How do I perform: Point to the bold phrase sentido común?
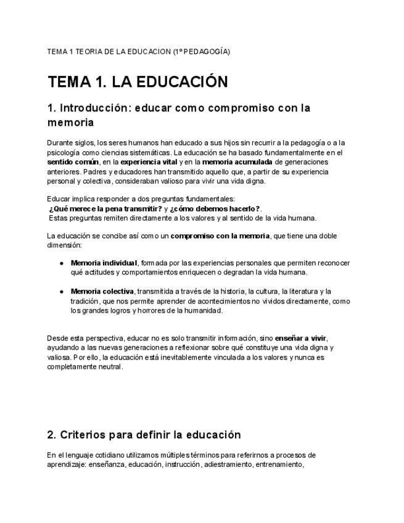[x=73, y=162]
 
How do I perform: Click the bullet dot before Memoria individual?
[x=62, y=263]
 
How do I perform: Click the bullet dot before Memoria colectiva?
[x=62, y=291]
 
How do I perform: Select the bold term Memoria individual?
[x=104, y=263]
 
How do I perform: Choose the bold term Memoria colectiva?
[x=102, y=291]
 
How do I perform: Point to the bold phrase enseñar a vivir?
[x=300, y=338]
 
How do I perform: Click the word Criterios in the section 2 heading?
[x=81, y=435]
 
